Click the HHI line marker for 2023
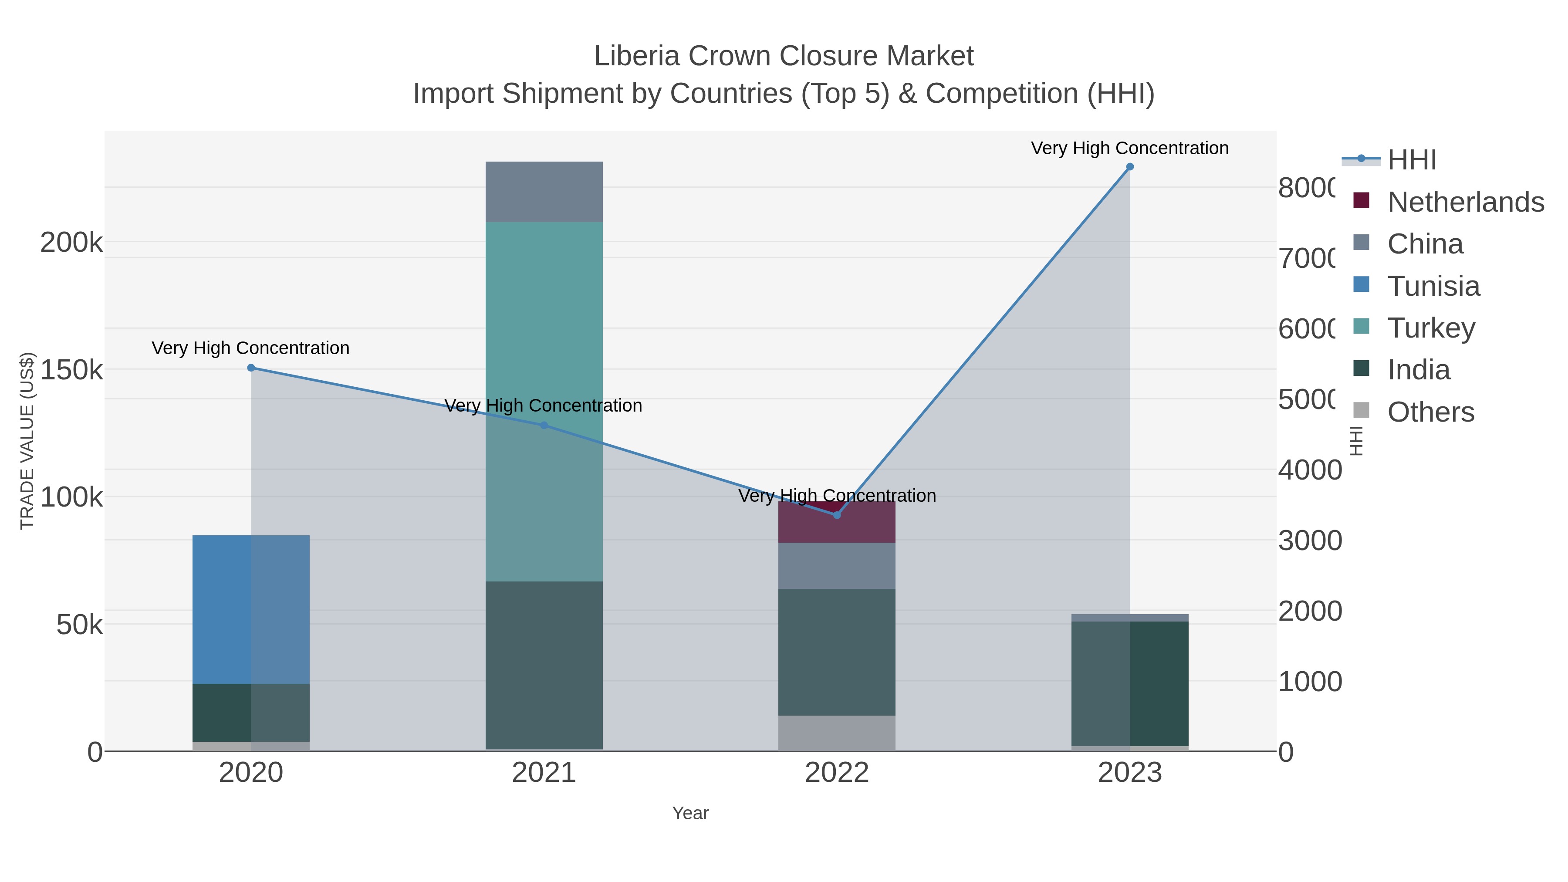point(1130,167)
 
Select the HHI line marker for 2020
point(251,368)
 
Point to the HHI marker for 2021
point(544,426)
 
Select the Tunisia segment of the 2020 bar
point(251,609)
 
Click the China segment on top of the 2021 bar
point(544,192)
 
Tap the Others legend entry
point(1430,412)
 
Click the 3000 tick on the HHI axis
point(1309,541)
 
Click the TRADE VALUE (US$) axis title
point(27,440)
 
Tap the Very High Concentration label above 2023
point(1130,148)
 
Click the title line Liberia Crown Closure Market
point(784,56)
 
